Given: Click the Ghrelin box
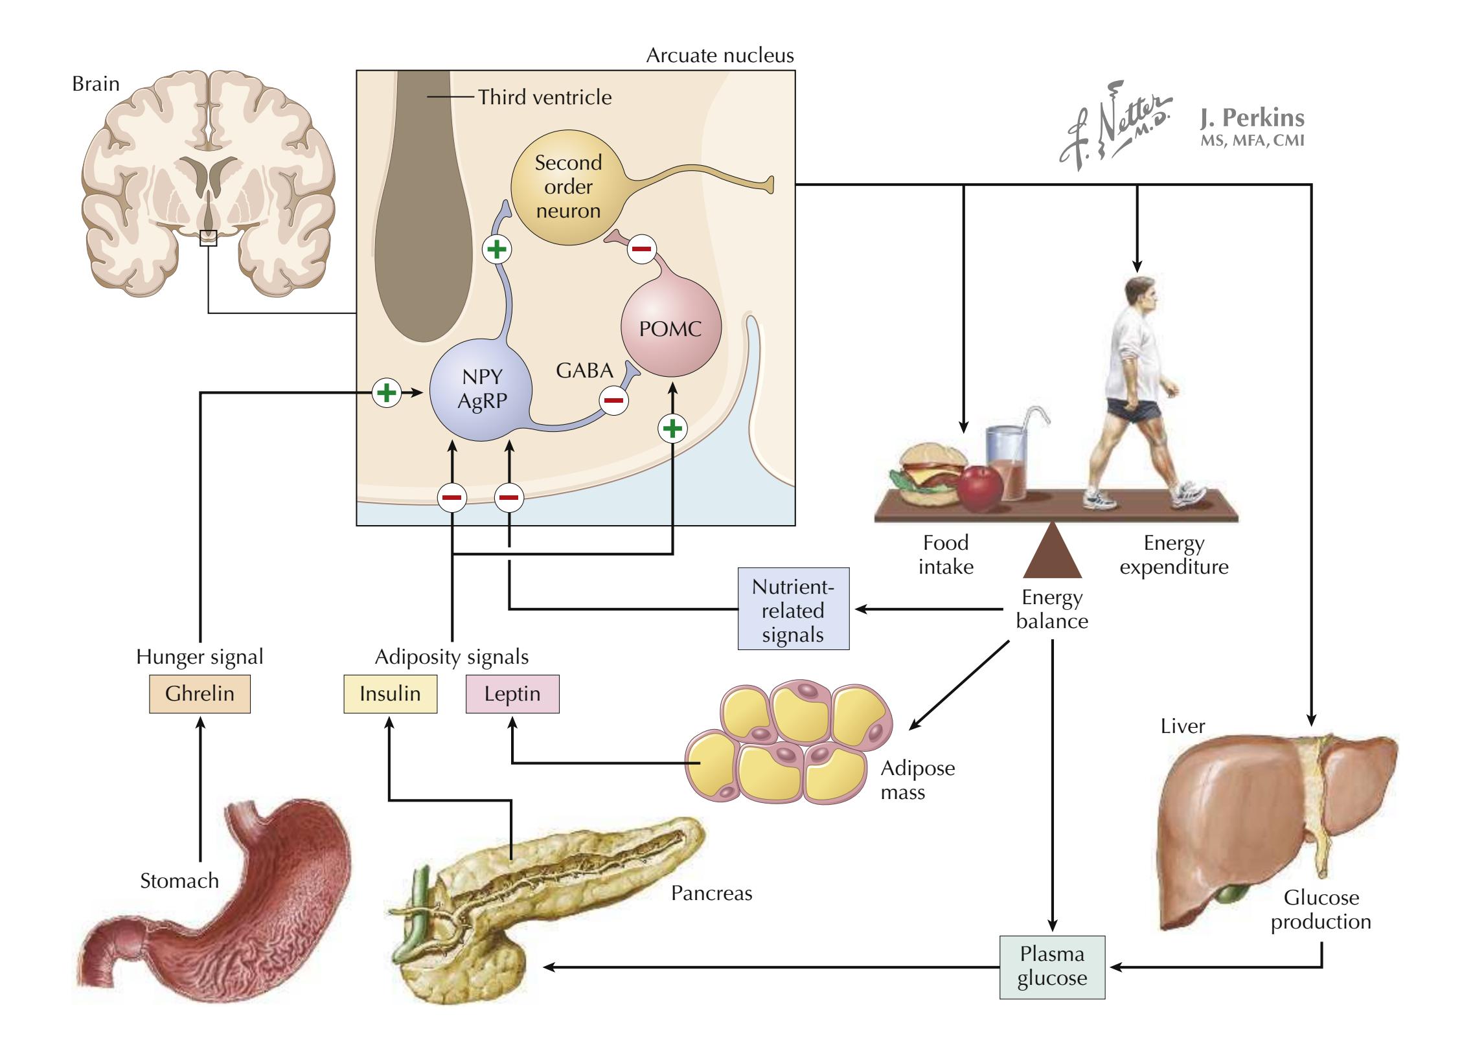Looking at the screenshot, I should [200, 694].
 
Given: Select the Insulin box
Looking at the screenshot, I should [390, 694].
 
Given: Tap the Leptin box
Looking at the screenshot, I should [512, 694].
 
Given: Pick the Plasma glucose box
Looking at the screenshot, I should [1052, 967].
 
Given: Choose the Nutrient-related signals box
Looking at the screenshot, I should [793, 609].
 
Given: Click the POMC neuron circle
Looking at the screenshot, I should [670, 329].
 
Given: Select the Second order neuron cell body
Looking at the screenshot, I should [568, 186].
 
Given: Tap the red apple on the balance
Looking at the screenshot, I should [980, 489].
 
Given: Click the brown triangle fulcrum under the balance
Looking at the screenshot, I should [1052, 554].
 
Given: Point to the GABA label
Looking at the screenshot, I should [584, 370].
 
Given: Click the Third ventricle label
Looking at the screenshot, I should [545, 97].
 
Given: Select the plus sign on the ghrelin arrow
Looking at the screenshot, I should [387, 392].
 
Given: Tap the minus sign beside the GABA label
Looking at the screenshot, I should [613, 400].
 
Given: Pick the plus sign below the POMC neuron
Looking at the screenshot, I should [672, 428].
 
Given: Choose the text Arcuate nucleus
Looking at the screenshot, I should [720, 56].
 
